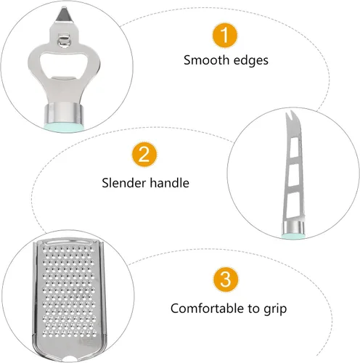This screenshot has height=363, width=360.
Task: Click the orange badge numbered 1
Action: [225, 35]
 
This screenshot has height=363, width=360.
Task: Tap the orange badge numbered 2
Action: [144, 155]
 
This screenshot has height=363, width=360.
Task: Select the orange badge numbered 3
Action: [226, 280]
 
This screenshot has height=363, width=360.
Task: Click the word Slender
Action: [123, 183]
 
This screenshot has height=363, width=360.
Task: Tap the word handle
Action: [169, 183]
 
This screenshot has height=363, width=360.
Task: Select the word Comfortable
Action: [207, 309]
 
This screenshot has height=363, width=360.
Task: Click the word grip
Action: [275, 309]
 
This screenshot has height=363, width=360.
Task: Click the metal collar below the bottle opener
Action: [64, 113]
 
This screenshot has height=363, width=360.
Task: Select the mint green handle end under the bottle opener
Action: [64, 127]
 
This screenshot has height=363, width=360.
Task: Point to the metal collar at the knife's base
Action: [293, 227]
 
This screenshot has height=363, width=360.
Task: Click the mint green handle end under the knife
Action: [293, 236]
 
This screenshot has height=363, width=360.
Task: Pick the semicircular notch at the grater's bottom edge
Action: [70, 359]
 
